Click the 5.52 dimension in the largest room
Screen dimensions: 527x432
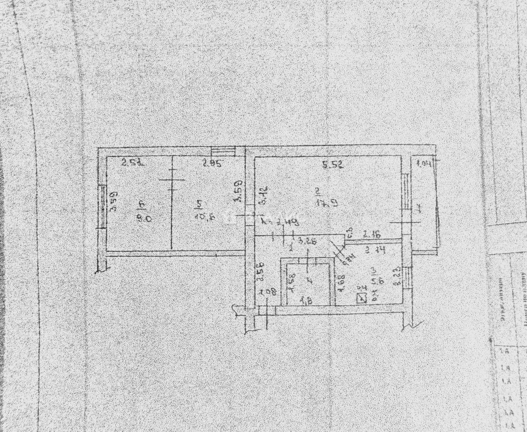pos(332,165)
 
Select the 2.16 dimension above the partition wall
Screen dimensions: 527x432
pos(372,235)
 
